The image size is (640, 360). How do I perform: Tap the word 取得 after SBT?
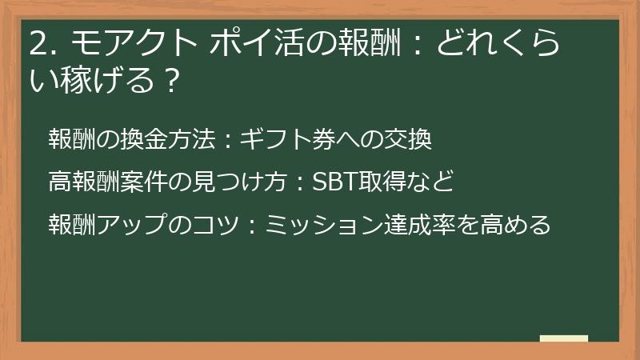pos(374,182)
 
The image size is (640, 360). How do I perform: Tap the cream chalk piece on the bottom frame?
pos(564,339)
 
